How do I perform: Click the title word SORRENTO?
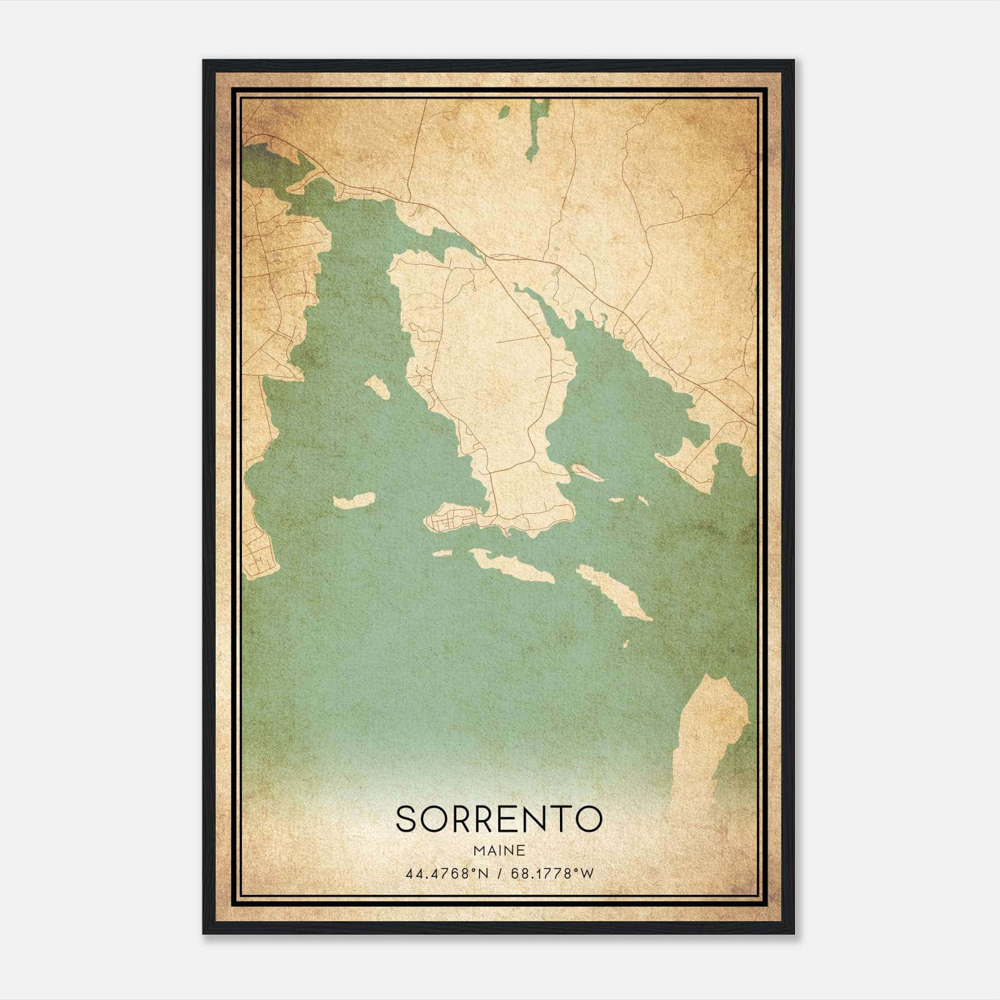coord(499,819)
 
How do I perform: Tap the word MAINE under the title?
coord(499,851)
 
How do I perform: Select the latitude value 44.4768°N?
coord(446,873)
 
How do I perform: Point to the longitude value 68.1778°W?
coord(552,873)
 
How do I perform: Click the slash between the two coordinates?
coord(499,873)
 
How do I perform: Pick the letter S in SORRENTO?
coord(406,819)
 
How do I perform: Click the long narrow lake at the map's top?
coord(536,128)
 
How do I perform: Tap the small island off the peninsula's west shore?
coord(377,387)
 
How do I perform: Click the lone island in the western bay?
coord(354,501)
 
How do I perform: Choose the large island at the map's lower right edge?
coord(709,737)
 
